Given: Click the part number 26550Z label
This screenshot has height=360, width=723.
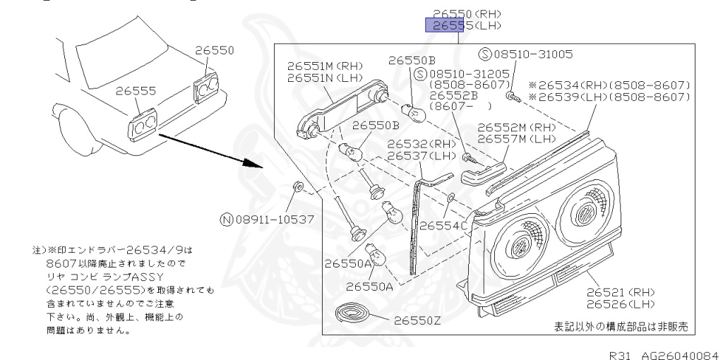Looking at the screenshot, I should (417, 320).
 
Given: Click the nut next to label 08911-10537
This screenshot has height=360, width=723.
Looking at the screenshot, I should (298, 188).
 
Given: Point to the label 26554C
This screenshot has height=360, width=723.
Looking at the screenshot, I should (444, 226).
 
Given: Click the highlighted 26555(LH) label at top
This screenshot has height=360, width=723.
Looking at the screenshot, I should (467, 26).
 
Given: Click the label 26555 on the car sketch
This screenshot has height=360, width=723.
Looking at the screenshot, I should (137, 91).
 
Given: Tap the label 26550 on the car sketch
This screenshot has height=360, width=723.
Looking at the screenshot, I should (215, 51).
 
